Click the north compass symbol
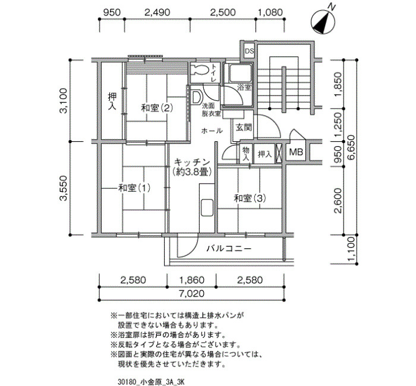click(x=323, y=23)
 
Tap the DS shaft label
click(x=249, y=51)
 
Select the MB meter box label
click(x=296, y=152)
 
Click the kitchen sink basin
click(x=207, y=207)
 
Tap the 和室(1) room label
click(x=134, y=188)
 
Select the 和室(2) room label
click(x=157, y=108)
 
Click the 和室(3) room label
click(x=250, y=198)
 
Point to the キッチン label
click(x=192, y=162)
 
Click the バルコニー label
click(x=229, y=249)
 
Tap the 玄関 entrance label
click(x=244, y=128)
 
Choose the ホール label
click(x=212, y=131)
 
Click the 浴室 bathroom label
click(x=244, y=87)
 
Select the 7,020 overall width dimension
click(x=191, y=293)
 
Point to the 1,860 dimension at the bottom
click(x=191, y=280)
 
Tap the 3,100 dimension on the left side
click(x=64, y=101)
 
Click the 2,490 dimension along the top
click(x=157, y=12)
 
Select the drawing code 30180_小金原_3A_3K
click(x=151, y=382)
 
